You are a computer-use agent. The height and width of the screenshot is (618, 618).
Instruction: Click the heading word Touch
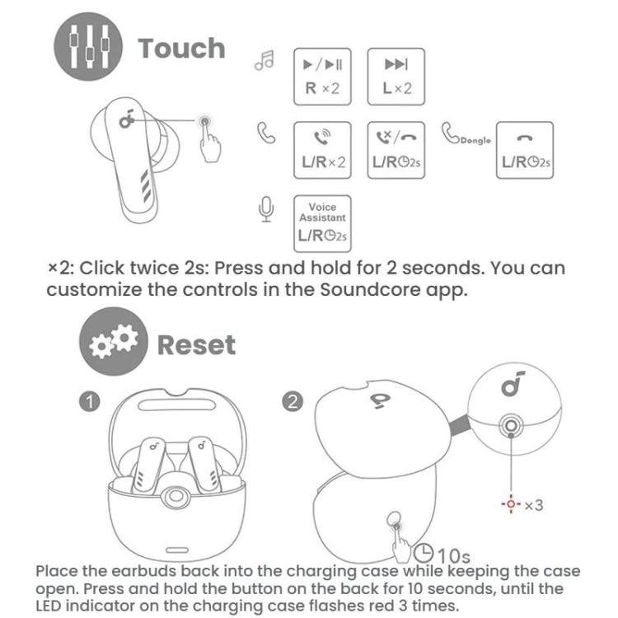pyautogui.click(x=181, y=48)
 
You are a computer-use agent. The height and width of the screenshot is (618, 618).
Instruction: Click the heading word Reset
pyautogui.click(x=196, y=344)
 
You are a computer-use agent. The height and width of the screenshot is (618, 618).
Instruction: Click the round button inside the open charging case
pyautogui.click(x=173, y=498)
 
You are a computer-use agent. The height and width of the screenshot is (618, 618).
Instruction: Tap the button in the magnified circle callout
pyautogui.click(x=511, y=425)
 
